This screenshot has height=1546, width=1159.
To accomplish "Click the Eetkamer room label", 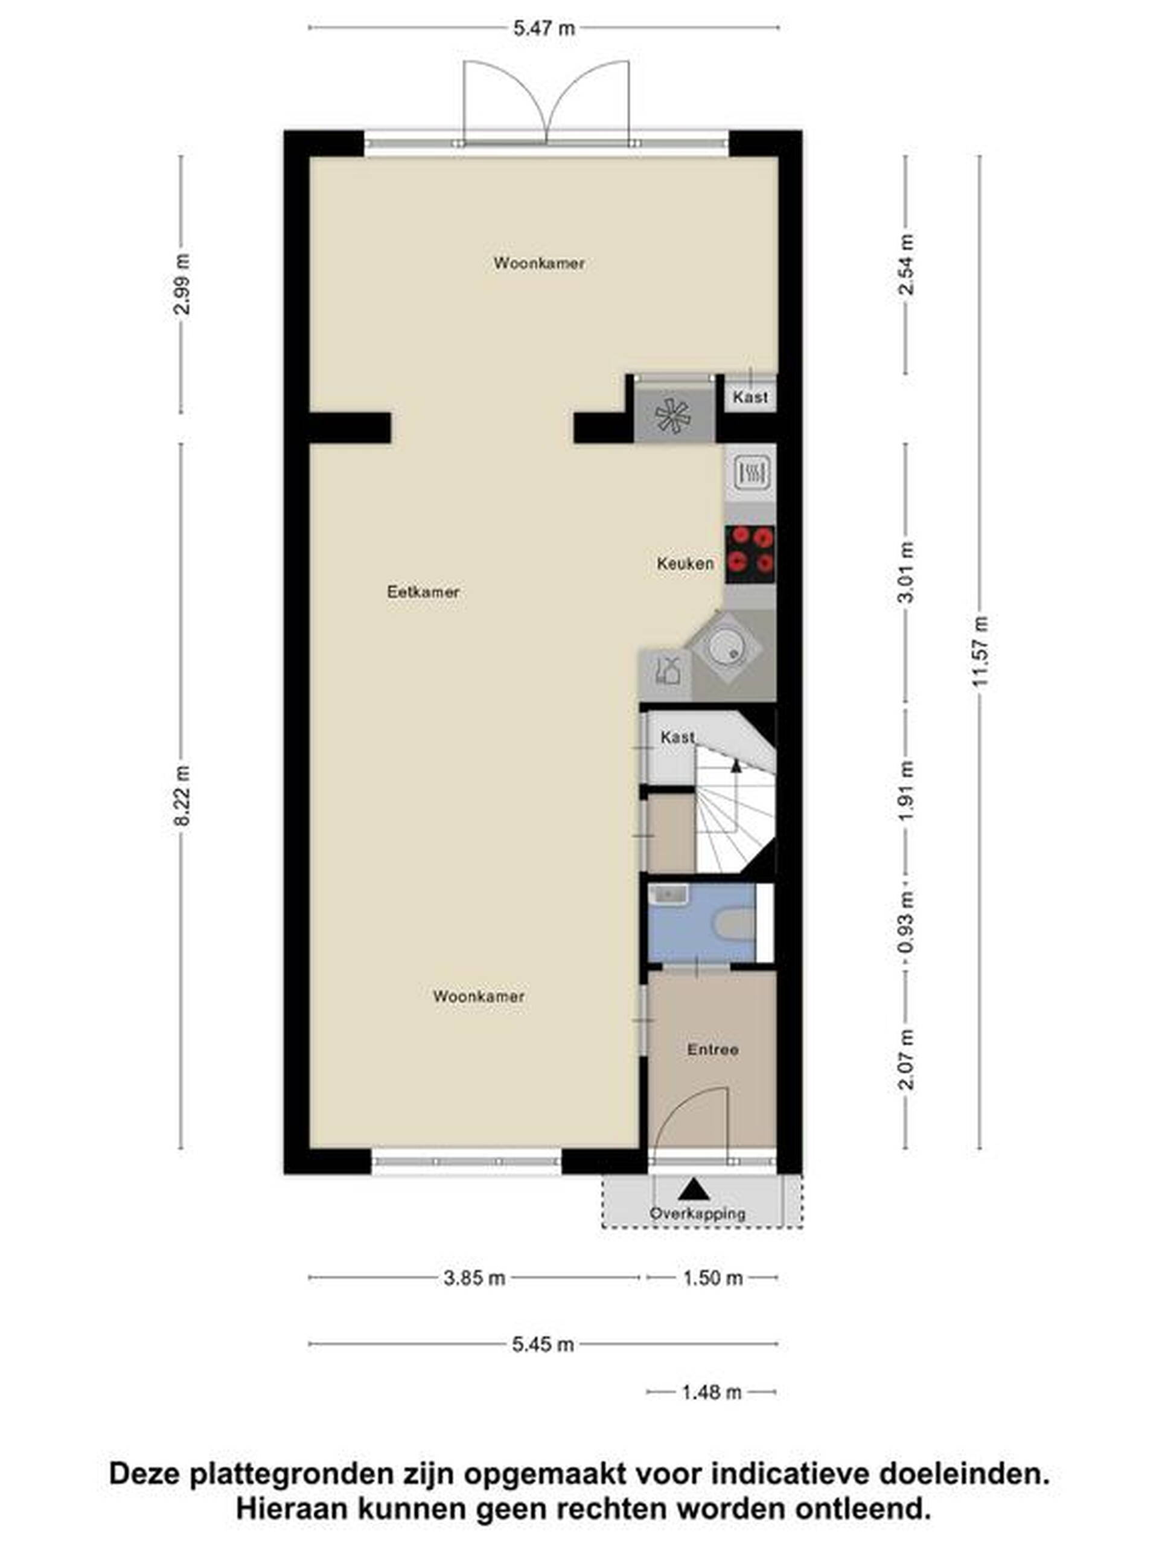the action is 423,592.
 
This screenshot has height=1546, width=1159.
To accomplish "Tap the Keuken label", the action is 685,563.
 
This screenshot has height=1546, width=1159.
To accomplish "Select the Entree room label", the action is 712,1050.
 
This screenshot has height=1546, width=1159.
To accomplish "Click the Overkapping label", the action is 697,1213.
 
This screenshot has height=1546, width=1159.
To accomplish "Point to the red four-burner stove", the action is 750,554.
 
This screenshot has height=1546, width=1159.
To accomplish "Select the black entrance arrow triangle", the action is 693,1189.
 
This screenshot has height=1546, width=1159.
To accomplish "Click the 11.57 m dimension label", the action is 981,652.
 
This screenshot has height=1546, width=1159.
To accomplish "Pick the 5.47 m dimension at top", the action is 544,28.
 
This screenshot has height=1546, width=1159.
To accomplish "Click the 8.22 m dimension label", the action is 182,796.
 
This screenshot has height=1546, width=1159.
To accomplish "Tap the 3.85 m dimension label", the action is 474,1278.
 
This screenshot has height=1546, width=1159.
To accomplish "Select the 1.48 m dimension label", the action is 711,1392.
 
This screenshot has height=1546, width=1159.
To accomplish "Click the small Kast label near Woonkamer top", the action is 750,397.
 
